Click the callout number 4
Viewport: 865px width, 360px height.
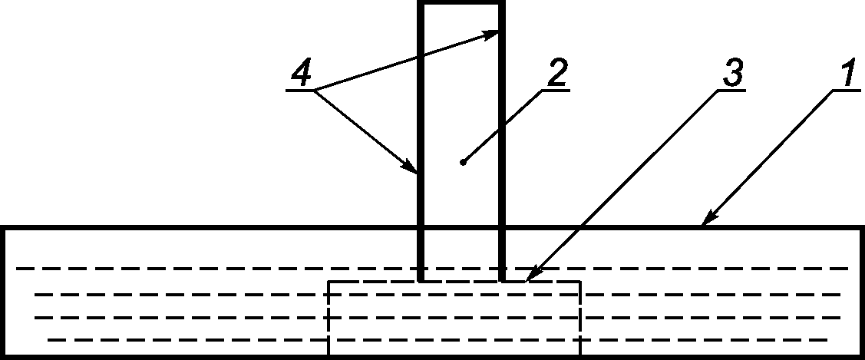[x=302, y=74]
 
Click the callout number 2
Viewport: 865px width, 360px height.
[x=556, y=74]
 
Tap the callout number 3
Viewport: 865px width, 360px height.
[x=733, y=74]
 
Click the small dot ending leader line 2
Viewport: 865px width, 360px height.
[x=462, y=162]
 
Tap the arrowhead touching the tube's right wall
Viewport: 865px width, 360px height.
[x=496, y=32]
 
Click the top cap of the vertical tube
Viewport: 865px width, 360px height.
[x=461, y=5]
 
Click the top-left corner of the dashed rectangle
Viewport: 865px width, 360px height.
[x=329, y=282]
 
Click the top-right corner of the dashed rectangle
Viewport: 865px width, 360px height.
[x=580, y=282]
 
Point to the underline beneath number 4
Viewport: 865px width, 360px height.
[x=302, y=91]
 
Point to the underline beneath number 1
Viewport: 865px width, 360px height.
[x=844, y=91]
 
